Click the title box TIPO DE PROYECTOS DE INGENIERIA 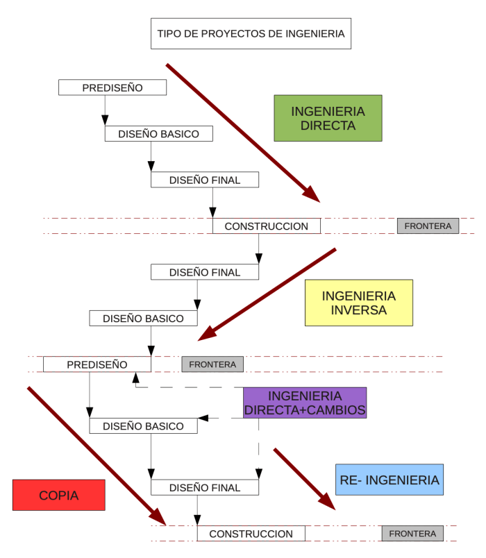tap(251, 33)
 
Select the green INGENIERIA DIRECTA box tap(328, 119)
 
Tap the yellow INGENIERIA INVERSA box tap(359, 303)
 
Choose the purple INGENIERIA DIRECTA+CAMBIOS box tap(305, 403)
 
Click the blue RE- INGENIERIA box tap(389, 480)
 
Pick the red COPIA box tap(59, 496)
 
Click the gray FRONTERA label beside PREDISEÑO tap(212, 364)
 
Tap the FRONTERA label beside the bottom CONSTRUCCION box tap(412, 534)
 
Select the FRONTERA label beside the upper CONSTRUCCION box tap(428, 226)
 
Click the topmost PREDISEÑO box tap(112, 88)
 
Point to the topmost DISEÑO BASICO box tap(158, 134)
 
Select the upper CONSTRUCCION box tap(266, 226)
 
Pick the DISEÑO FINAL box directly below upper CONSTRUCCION tap(205, 273)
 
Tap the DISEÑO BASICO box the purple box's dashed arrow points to tap(143, 426)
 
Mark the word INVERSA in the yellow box tap(360, 310)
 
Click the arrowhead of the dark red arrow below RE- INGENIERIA tap(328, 503)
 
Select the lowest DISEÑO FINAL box tap(205, 488)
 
